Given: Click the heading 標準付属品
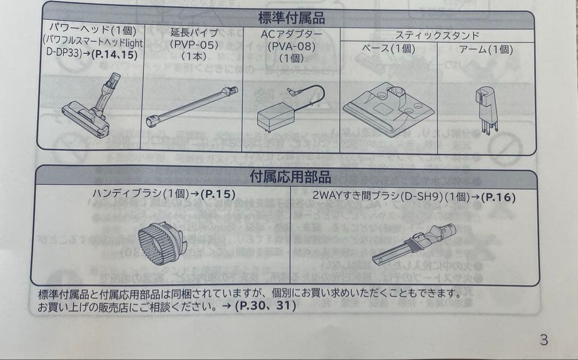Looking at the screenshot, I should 291,19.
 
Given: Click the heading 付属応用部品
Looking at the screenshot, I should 290,176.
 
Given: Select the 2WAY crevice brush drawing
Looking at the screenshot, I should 413,242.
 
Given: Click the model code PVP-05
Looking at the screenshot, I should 194,45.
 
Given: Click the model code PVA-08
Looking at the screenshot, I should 291,46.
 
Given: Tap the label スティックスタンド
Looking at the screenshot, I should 437,36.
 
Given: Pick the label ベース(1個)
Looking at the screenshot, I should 389,50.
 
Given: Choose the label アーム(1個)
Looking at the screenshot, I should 486,50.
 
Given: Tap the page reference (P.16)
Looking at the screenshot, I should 498,197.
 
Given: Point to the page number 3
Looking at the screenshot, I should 544,340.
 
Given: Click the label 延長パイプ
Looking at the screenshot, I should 194,33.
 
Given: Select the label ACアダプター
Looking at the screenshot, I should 291,34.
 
